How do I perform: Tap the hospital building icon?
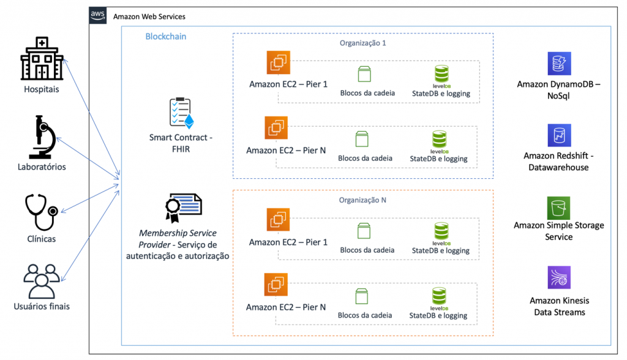[42, 59]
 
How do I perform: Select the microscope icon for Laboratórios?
[41, 137]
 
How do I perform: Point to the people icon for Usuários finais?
[41, 280]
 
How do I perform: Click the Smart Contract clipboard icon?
[181, 112]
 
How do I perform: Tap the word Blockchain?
[165, 37]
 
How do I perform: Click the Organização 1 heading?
[362, 43]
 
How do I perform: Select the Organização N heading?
[362, 200]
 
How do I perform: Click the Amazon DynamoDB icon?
[558, 64]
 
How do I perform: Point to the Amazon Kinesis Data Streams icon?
[558, 277]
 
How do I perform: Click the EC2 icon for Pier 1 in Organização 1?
[278, 62]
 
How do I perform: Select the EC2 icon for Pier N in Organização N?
[276, 285]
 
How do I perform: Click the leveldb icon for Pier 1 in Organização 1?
[441, 74]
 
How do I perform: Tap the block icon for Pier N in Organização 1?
[361, 140]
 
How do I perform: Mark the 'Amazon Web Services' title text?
[149, 17]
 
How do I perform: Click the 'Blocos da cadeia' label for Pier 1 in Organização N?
[367, 250]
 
